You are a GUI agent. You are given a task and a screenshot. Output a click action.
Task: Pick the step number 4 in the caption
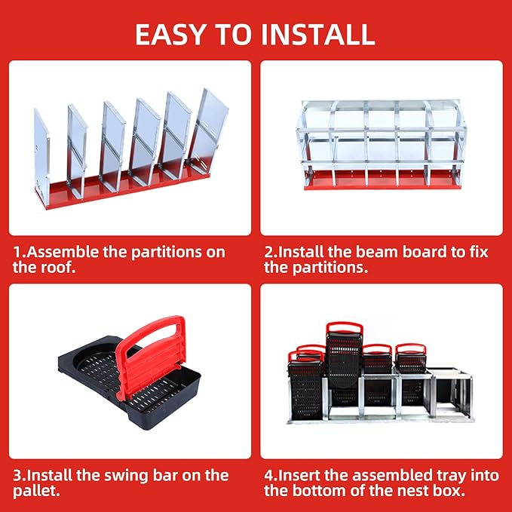point(268,475)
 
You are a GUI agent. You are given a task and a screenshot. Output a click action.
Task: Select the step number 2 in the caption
point(268,252)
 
